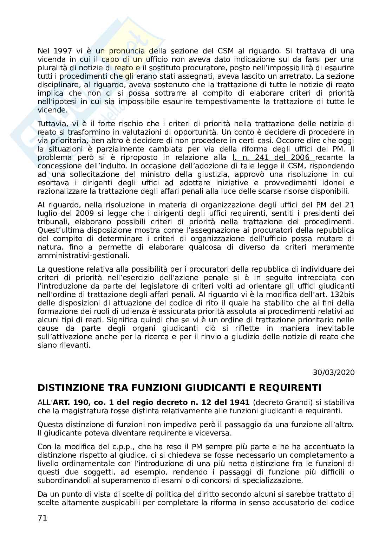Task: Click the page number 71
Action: click(x=42, y=518)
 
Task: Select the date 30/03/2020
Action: click(x=333, y=372)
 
